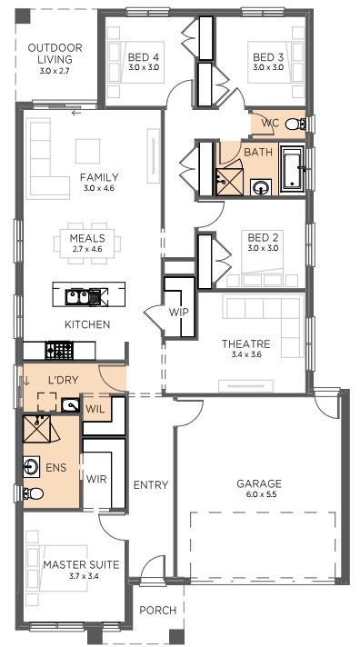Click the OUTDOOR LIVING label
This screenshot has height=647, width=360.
tap(55, 54)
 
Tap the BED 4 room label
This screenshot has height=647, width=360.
tap(144, 57)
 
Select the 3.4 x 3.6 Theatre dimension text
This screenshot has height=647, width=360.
tap(245, 354)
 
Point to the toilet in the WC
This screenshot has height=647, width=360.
tap(295, 124)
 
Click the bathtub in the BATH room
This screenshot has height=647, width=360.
tap(293, 168)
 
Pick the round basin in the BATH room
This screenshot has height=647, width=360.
tap(261, 188)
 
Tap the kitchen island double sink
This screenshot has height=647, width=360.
tap(82, 297)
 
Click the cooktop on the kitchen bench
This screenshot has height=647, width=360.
tap(59, 351)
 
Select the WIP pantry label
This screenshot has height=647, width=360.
tap(178, 312)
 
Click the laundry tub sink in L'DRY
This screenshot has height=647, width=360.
tap(70, 405)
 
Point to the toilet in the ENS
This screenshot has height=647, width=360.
tap(34, 493)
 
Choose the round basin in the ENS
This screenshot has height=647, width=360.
tap(32, 467)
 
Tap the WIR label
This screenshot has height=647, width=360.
tap(96, 479)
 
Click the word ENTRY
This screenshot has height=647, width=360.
tap(151, 485)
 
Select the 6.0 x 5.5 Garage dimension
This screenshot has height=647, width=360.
tap(259, 494)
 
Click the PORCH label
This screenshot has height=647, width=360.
tap(157, 611)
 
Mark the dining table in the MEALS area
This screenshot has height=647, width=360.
tap(87, 243)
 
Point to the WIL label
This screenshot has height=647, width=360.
tap(95, 410)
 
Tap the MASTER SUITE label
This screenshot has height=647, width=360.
tap(81, 564)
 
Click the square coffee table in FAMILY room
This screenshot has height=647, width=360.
tap(87, 151)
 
